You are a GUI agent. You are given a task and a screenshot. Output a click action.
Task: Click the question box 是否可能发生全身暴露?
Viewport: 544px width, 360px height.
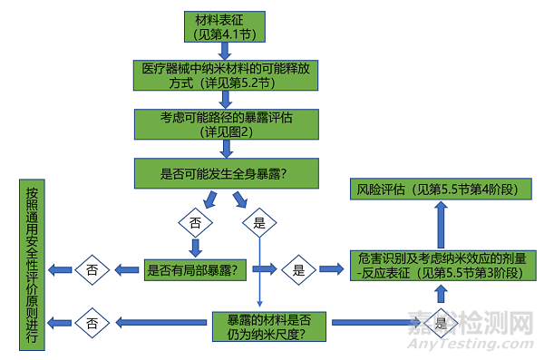[226, 172]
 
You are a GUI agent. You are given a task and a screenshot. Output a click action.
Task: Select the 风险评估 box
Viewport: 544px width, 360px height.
[441, 190]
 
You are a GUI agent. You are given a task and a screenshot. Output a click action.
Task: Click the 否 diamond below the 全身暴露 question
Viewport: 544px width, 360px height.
[194, 221]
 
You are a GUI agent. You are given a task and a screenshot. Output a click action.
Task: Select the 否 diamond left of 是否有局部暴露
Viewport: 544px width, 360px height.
[92, 269]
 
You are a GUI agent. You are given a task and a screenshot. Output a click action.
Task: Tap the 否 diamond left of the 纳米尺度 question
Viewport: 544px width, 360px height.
[92, 322]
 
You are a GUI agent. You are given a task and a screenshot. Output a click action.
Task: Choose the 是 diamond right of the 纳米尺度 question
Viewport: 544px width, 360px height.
[441, 323]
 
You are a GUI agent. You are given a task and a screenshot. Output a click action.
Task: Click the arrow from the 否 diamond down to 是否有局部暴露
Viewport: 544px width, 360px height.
[194, 246]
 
